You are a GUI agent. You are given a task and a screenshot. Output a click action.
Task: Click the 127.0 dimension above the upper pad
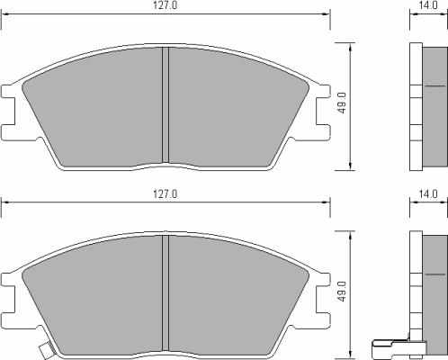point(166,5)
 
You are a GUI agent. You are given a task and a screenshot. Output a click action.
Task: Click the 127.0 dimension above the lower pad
point(166,194)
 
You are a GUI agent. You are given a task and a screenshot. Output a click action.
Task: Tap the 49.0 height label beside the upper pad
point(342,103)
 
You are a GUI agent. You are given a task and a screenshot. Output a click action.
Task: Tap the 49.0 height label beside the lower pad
point(342,292)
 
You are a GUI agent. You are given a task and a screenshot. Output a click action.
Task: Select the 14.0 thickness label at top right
point(428,5)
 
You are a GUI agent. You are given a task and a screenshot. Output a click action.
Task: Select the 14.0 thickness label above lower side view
point(428,194)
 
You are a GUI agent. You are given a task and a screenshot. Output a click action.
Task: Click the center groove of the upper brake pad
point(166,105)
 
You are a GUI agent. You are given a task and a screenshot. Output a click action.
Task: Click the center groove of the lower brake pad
point(166,293)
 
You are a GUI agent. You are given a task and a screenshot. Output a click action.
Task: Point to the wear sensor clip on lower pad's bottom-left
point(46,350)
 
